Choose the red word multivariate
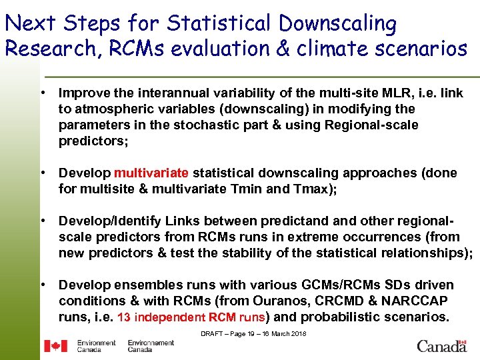point(151,173)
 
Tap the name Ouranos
point(254,301)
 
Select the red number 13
point(123,317)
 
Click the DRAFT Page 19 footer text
point(253,333)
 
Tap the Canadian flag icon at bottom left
point(56,346)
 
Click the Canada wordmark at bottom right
point(442,346)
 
